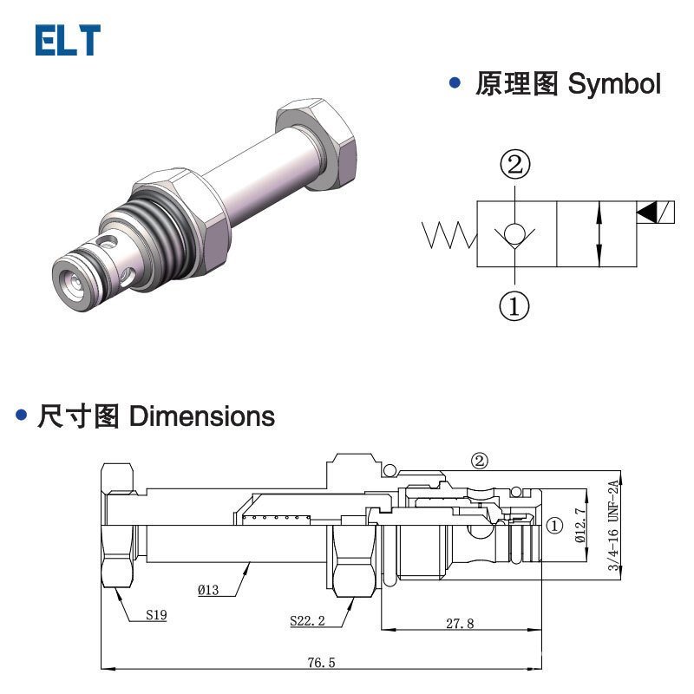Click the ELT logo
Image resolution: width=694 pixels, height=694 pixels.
(x=68, y=41)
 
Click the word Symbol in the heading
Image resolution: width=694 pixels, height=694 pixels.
(x=614, y=85)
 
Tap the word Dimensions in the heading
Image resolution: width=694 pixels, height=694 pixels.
(x=201, y=416)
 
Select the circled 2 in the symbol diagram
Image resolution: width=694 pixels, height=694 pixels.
(x=514, y=164)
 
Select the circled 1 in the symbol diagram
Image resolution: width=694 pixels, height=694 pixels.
(x=514, y=305)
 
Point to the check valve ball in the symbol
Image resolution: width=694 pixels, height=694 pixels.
(x=515, y=233)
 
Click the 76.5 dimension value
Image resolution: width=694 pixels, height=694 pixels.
(x=320, y=663)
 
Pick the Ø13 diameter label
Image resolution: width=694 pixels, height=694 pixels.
(x=208, y=590)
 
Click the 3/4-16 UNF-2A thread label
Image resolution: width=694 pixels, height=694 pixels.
(x=613, y=526)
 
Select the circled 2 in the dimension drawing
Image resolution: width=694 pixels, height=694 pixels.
(x=480, y=461)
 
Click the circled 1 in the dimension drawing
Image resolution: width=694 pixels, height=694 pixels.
(x=555, y=525)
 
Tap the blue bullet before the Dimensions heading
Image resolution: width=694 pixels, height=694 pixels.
(x=23, y=416)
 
